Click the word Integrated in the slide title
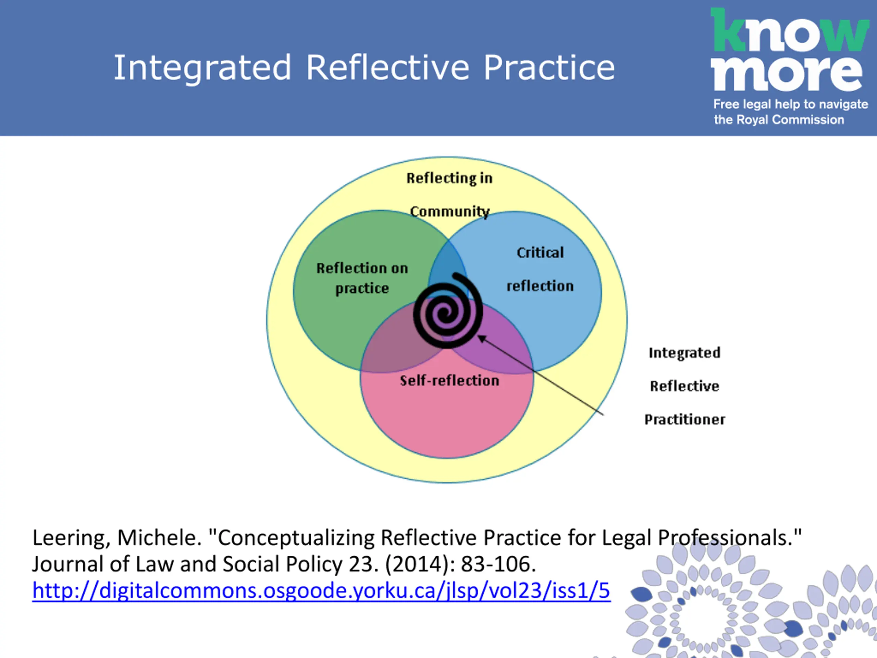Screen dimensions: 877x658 [202, 68]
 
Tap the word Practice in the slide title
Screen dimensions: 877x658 [549, 68]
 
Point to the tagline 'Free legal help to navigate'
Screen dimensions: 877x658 [791, 104]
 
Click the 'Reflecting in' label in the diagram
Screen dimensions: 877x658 [449, 179]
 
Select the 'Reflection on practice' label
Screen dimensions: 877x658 [362, 278]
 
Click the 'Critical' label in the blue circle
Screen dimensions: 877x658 [540, 253]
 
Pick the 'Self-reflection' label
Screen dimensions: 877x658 [449, 381]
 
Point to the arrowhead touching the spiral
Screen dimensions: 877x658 [481, 338]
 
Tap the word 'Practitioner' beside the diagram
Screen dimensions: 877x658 [685, 419]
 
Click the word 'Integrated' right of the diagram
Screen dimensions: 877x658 [684, 353]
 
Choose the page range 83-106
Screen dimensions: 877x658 [498, 564]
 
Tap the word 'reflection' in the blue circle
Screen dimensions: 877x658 [540, 286]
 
